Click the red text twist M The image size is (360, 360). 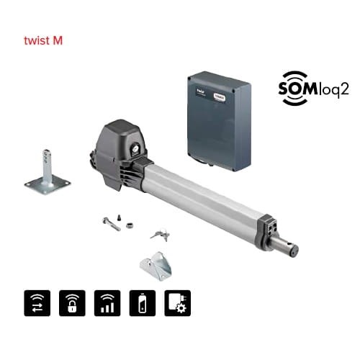[43, 40]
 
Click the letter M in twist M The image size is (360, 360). [58, 40]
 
